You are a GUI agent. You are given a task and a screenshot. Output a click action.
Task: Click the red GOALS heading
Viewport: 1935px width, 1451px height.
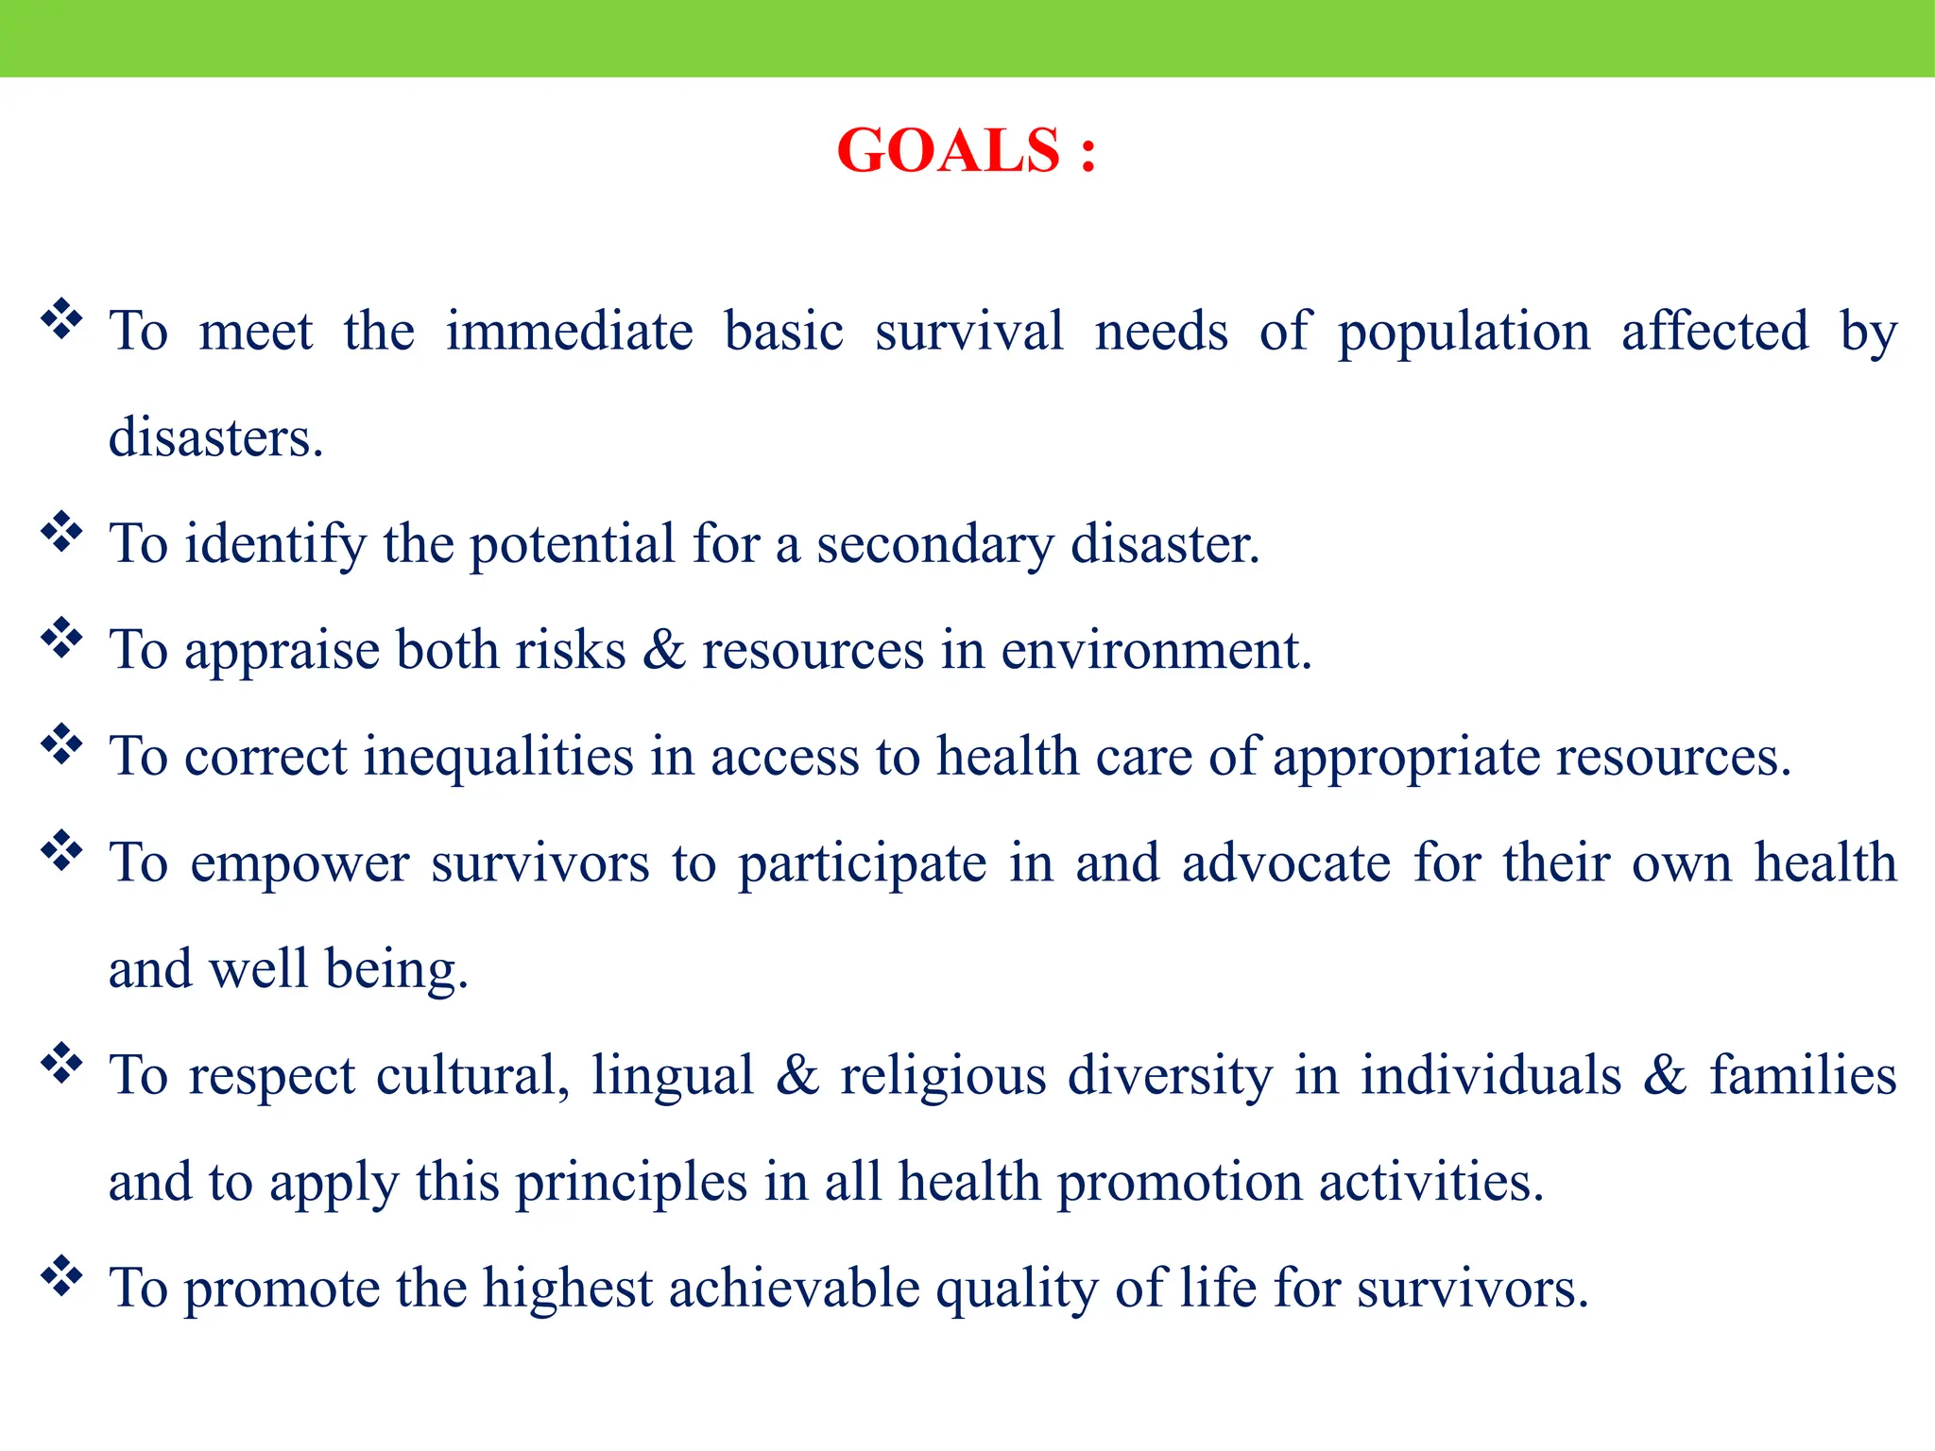[966, 151]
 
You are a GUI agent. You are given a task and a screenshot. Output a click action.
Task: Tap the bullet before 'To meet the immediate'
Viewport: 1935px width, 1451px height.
[61, 319]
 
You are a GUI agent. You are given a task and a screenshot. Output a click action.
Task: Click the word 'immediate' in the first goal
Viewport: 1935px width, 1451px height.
[569, 333]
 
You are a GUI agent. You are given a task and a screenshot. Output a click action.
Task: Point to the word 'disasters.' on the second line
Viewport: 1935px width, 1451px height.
[215, 438]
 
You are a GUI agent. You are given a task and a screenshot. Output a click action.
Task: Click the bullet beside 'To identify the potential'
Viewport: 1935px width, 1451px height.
[61, 532]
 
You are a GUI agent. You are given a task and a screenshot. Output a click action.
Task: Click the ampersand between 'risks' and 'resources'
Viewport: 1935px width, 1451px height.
[663, 651]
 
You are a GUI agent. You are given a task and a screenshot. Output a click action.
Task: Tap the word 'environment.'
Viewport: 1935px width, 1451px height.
[1156, 652]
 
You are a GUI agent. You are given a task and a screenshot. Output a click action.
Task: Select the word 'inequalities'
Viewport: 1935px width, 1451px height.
[498, 758]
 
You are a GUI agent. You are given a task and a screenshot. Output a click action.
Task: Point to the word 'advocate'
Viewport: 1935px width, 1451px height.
[1286, 863]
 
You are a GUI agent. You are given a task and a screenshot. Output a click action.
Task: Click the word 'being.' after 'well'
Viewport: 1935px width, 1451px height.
[396, 971]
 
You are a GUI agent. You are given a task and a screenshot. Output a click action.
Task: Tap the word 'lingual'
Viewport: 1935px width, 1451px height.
[672, 1077]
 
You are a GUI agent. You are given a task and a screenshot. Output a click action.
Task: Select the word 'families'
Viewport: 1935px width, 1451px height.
[1803, 1076]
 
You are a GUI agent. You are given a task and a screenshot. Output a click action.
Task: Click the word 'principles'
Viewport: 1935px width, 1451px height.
[631, 1184]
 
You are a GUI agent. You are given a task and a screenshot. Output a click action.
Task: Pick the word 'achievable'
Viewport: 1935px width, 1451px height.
[794, 1289]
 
